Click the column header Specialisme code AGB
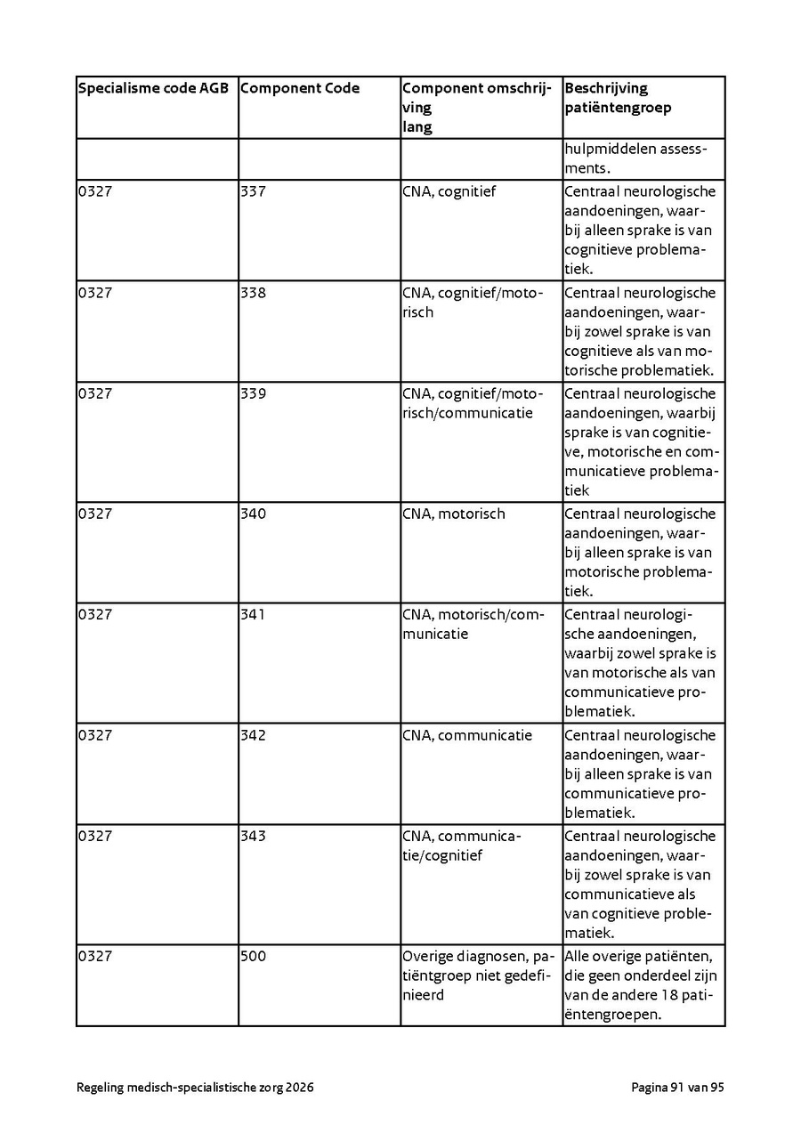(x=153, y=88)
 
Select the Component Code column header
(x=300, y=88)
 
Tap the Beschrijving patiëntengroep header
(x=618, y=98)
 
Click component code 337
(x=253, y=191)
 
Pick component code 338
(x=253, y=293)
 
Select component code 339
(x=253, y=393)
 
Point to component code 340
(x=253, y=514)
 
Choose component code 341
(x=253, y=614)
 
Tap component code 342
(x=253, y=735)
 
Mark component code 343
(x=253, y=836)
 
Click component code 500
(x=253, y=956)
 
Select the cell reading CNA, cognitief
(x=449, y=191)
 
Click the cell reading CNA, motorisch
(x=453, y=514)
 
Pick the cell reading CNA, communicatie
(x=466, y=735)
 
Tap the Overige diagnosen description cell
(x=479, y=975)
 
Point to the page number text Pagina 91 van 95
(x=677, y=1088)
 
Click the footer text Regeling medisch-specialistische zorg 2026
(x=195, y=1088)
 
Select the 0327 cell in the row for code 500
(x=95, y=956)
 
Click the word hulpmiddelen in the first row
(x=609, y=149)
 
